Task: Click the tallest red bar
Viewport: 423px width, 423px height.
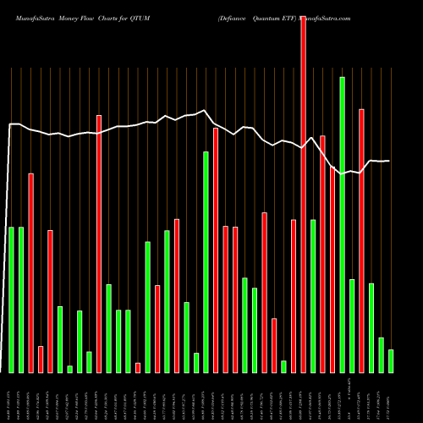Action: pos(303,195)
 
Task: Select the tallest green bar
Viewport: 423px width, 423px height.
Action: pos(342,224)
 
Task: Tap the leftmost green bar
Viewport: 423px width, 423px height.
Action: pos(12,299)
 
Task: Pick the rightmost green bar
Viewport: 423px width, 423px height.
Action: pos(391,361)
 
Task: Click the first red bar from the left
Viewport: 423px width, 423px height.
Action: pos(31,272)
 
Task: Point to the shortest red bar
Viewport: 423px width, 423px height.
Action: pos(138,367)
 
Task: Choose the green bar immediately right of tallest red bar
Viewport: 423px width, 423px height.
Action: pos(313,296)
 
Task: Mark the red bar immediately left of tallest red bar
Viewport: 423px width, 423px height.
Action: pos(294,296)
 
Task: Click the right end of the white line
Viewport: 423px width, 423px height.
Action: pos(390,161)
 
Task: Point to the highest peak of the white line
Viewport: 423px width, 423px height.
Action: pos(204,111)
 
